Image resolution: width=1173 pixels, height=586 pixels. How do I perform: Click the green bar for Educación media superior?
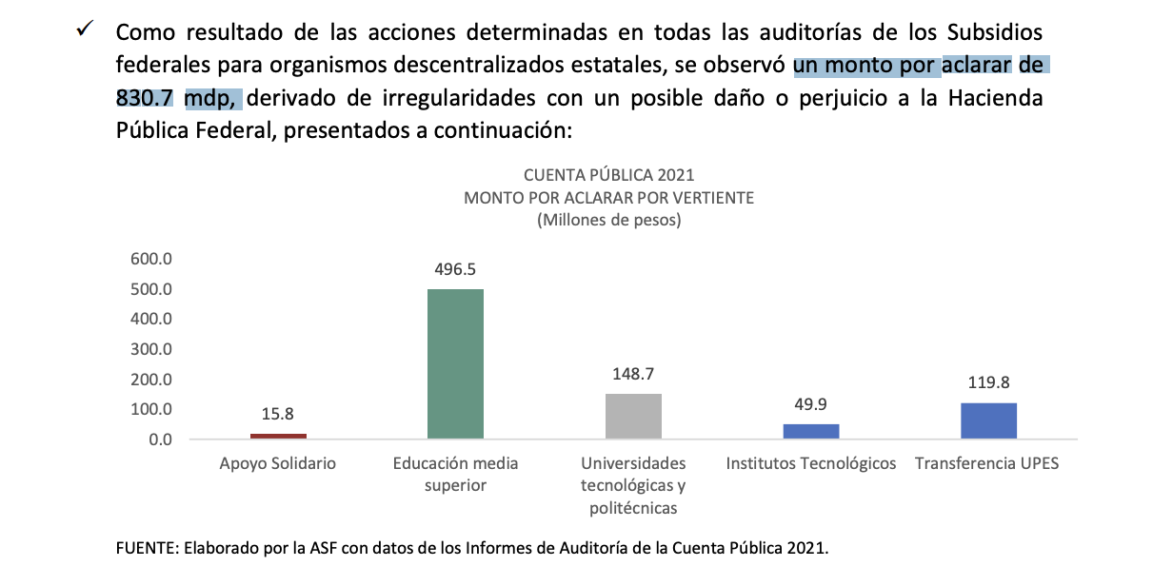point(455,363)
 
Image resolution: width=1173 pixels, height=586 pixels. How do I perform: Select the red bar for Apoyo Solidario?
point(278,436)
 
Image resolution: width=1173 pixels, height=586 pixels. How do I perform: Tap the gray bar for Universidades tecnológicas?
point(633,416)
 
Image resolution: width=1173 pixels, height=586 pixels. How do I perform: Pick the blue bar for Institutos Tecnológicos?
point(811,431)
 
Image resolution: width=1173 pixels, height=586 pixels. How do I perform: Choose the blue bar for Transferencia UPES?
point(988,420)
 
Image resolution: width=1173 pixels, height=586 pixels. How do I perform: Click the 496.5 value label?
point(455,269)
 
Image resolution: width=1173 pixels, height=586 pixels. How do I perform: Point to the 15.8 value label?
point(278,414)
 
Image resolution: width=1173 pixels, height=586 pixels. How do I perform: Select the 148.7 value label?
point(633,373)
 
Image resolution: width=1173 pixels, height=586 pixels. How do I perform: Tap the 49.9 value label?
point(811,403)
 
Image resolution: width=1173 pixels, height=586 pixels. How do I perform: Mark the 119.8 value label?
point(988,382)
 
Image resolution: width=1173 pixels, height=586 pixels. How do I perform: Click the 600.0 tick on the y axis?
point(150,259)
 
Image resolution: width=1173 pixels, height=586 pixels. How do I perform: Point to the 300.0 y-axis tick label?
point(150,349)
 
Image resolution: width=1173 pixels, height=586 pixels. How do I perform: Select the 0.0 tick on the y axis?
point(159,439)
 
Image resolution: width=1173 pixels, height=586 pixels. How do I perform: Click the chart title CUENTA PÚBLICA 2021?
point(609,175)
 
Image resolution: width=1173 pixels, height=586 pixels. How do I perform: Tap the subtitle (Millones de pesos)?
point(609,220)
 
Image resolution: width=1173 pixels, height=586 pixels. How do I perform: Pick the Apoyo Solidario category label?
point(278,464)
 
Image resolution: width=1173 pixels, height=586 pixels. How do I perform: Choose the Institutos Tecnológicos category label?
point(811,464)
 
